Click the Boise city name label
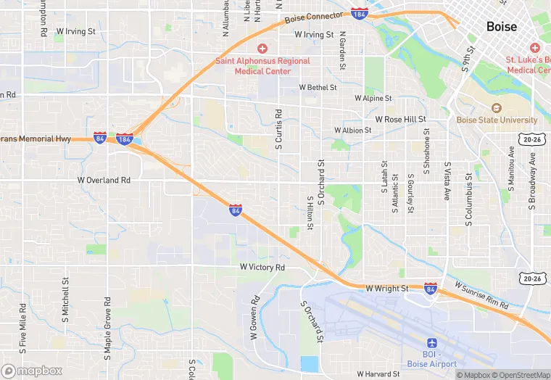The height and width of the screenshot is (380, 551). (x=502, y=26)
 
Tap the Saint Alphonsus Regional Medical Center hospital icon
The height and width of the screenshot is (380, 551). (x=262, y=48)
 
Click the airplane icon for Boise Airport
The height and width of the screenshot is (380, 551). (x=434, y=342)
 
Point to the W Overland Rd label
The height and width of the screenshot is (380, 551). (x=104, y=179)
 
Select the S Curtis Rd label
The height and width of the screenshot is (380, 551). (x=278, y=131)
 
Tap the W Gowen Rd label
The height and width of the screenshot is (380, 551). (x=254, y=318)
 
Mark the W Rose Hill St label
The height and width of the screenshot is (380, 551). (x=400, y=119)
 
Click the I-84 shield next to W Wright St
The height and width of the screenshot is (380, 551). (x=430, y=289)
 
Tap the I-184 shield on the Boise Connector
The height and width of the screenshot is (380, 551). (x=358, y=13)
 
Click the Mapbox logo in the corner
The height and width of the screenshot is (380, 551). (x=32, y=371)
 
